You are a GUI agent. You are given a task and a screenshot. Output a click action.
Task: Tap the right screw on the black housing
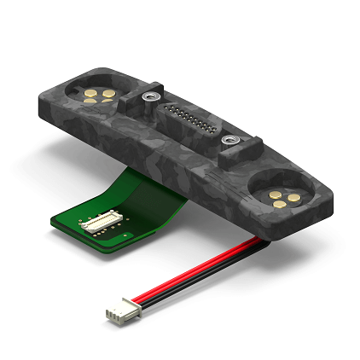(x=229, y=138)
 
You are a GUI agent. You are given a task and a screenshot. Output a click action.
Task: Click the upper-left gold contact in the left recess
(x=89, y=90)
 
